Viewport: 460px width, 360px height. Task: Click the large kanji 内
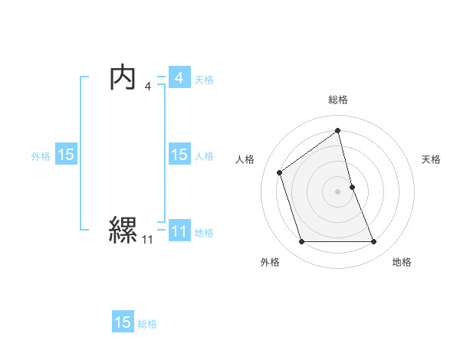[123, 78]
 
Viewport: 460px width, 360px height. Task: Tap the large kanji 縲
[123, 229]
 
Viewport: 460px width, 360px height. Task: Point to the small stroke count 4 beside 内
[148, 87]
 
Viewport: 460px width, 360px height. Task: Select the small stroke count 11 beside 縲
[147, 240]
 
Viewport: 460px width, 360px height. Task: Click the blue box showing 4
[179, 78]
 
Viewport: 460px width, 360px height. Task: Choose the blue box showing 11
[179, 231]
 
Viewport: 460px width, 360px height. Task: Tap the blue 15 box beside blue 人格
[179, 155]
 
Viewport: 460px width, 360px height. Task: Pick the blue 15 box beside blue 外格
[66, 155]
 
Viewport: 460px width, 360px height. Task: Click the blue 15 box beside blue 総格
[123, 322]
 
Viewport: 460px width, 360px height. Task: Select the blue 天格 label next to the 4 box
[204, 79]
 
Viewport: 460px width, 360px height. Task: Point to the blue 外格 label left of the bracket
[41, 155]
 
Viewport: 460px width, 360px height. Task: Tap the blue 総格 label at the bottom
[147, 324]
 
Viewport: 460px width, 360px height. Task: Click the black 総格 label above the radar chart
[337, 100]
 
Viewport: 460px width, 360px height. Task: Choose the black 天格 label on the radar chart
[431, 159]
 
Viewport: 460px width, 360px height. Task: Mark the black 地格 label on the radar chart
[402, 262]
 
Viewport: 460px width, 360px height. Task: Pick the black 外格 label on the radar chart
[270, 262]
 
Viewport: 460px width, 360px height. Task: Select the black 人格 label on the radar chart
[245, 159]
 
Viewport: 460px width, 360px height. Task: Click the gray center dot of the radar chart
[337, 190]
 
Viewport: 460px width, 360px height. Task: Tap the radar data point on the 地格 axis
[374, 242]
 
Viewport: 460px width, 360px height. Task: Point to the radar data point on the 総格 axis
[337, 130]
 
